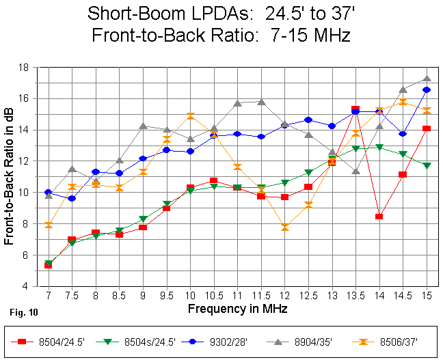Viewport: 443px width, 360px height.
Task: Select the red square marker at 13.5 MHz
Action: coord(355,109)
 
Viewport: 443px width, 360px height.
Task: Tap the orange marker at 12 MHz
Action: coord(284,227)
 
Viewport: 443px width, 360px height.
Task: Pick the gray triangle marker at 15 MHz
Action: coord(427,79)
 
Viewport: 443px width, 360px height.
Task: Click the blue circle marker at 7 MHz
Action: coord(48,193)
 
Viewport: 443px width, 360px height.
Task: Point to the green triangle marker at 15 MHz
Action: coord(427,166)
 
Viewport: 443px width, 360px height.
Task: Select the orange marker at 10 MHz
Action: coord(190,116)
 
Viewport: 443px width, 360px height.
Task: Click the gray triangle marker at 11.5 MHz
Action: coord(260,102)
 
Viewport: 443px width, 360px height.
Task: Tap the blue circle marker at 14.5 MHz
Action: coord(403,134)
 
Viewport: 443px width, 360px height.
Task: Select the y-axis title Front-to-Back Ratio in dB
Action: coord(11,176)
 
